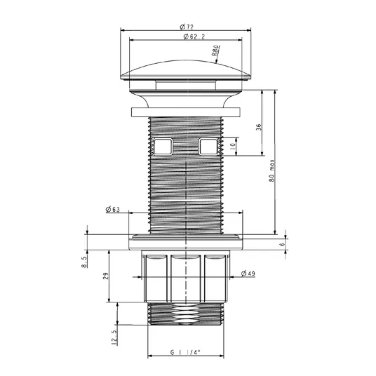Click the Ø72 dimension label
(187, 27)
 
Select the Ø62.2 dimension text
(194, 36)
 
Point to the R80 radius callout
(215, 51)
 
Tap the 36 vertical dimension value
(258, 127)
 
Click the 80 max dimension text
(271, 170)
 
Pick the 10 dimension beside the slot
(233, 147)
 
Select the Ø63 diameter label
(112, 210)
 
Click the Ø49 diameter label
(248, 274)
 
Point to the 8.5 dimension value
(84, 262)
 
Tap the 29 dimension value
(106, 276)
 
